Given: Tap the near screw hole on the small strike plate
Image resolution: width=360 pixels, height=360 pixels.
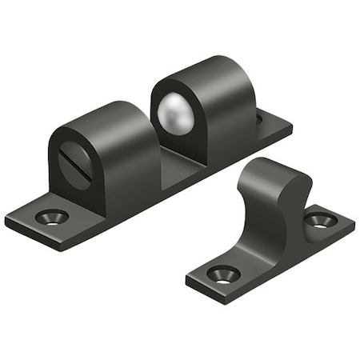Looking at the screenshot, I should coord(223,274).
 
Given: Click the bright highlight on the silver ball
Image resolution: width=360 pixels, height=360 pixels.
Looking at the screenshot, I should coord(170,104).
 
